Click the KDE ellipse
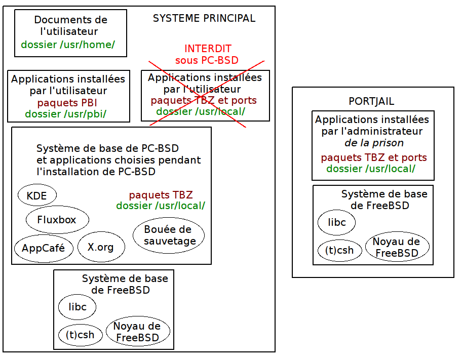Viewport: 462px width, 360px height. point(37,195)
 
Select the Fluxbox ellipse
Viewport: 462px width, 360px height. point(57,220)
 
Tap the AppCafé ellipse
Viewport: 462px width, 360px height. point(43,248)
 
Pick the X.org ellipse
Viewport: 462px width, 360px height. point(101,247)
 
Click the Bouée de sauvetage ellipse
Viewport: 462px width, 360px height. point(169,235)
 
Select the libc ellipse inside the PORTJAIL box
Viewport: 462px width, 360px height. point(336,222)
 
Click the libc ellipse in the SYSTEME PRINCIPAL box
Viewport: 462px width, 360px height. point(77,307)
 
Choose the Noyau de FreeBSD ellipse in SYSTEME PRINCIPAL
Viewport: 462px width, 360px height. point(137,332)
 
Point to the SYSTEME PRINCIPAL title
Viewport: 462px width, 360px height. point(204,19)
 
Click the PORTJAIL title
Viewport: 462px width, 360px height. point(371,101)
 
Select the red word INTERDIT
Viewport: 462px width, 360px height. point(208,49)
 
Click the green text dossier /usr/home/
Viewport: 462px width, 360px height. point(68,45)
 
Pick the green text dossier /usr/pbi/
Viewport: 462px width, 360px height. point(66,114)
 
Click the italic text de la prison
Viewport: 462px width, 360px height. point(374,143)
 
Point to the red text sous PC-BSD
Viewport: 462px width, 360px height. point(207,60)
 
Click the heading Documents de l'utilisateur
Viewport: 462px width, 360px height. point(70,25)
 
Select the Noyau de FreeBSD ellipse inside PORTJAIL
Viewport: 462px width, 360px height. point(397,247)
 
